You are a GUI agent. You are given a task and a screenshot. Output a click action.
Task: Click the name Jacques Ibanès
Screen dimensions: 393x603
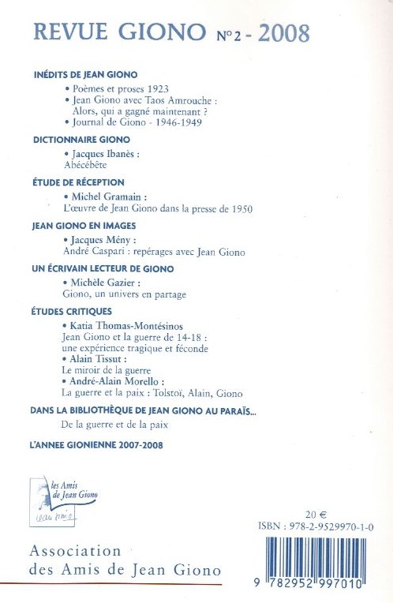[103, 155]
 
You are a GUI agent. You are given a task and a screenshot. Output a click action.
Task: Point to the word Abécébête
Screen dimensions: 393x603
[87, 166]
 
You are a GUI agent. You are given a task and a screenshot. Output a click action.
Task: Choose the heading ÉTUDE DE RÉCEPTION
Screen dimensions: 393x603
[73, 182]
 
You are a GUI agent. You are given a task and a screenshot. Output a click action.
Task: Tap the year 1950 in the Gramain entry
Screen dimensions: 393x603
[234, 209]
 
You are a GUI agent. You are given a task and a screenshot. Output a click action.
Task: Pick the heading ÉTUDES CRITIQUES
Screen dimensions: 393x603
[67, 311]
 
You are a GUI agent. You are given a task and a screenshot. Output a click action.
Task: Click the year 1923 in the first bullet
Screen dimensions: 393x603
[158, 89]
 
